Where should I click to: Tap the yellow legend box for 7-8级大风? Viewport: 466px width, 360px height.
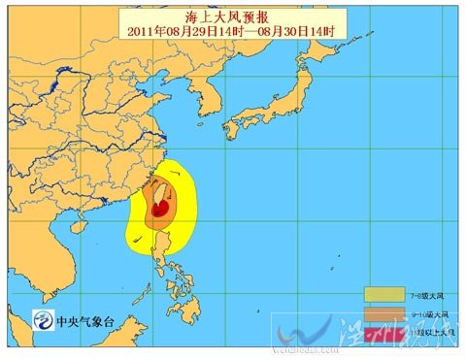[x=389, y=294]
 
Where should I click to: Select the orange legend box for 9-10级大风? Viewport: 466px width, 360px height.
[x=389, y=313]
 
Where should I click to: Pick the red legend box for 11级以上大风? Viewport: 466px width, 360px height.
[x=389, y=333]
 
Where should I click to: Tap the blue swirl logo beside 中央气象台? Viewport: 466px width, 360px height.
[x=45, y=319]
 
